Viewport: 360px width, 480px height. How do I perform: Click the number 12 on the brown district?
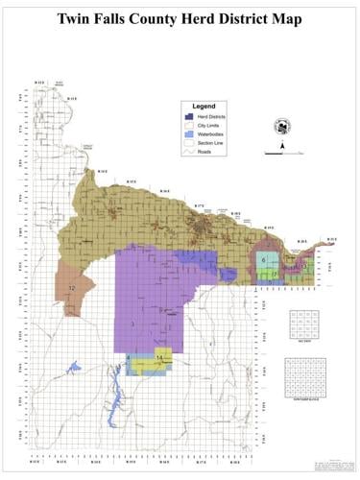(71, 288)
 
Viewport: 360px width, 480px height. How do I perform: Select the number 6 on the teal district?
(263, 260)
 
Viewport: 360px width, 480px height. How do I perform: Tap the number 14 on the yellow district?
(160, 358)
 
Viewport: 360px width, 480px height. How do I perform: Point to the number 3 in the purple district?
(132, 324)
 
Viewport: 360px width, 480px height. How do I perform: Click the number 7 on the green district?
(274, 275)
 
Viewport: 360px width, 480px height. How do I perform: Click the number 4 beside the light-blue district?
(128, 357)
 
